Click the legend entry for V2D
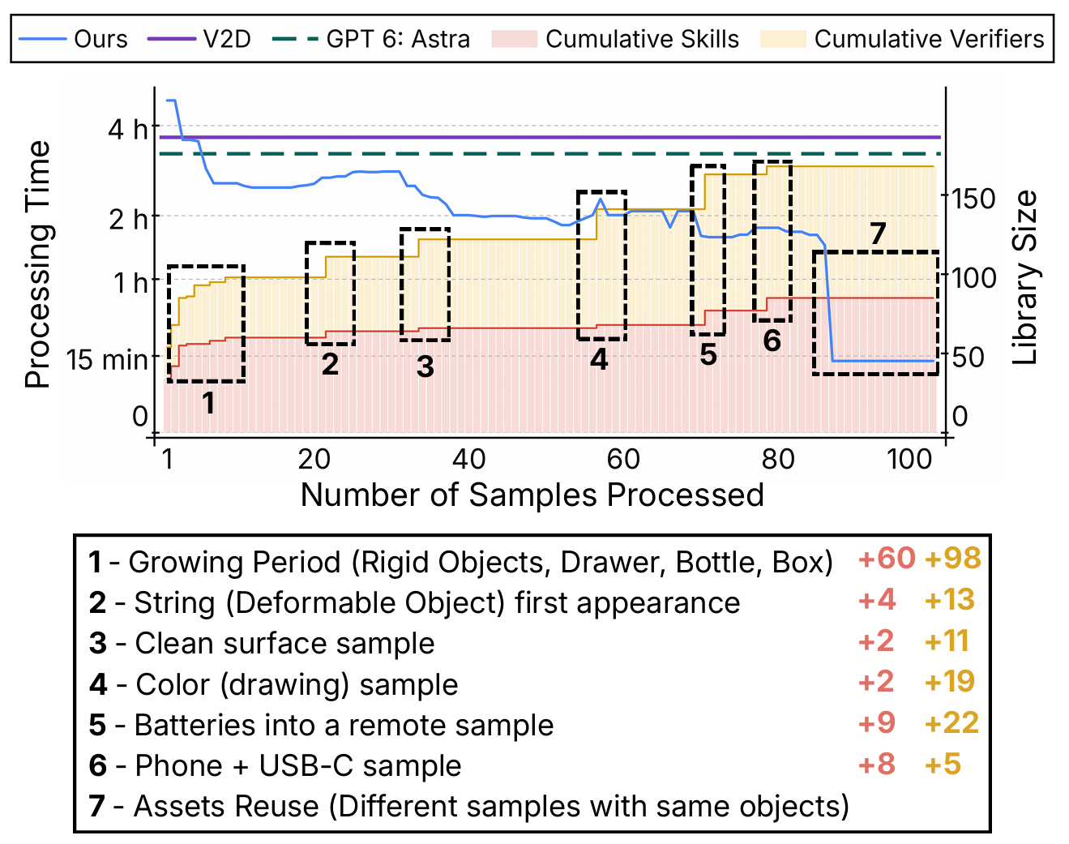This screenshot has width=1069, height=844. click(x=199, y=39)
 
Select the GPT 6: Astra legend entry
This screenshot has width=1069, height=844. click(x=371, y=39)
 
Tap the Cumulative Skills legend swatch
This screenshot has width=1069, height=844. click(x=514, y=39)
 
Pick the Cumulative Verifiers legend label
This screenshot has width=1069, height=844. click(x=929, y=39)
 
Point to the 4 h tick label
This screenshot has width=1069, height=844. click(x=128, y=129)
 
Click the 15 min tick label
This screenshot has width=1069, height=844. click(x=107, y=359)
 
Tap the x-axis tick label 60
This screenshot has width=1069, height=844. click(x=623, y=459)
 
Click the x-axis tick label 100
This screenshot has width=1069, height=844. click(x=909, y=459)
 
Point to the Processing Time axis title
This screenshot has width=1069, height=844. click(x=38, y=264)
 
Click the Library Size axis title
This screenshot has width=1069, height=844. click(x=1024, y=278)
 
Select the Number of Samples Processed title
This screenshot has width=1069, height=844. click(x=532, y=495)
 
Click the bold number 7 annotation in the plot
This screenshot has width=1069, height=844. click(x=878, y=233)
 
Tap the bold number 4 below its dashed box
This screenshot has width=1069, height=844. click(x=599, y=359)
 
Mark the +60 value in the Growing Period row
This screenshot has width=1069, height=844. click(x=887, y=558)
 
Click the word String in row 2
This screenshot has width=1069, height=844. click(x=175, y=603)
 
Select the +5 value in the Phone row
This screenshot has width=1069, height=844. click(x=943, y=764)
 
